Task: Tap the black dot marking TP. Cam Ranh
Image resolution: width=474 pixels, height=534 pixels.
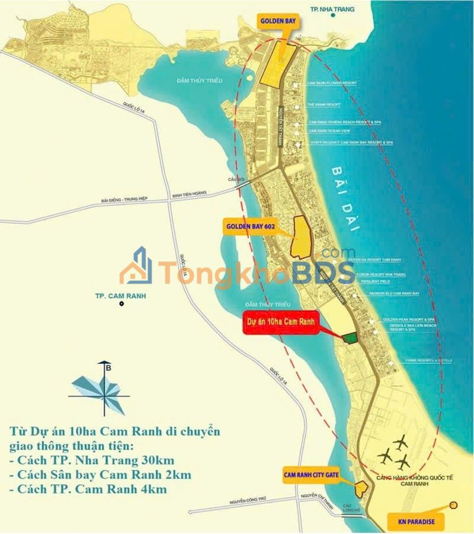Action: coord(121,304)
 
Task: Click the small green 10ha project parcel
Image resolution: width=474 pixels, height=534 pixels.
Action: coord(350,337)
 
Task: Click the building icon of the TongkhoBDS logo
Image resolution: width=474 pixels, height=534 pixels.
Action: coord(136,267)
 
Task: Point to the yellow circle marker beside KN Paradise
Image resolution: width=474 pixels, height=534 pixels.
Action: coord(454,505)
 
